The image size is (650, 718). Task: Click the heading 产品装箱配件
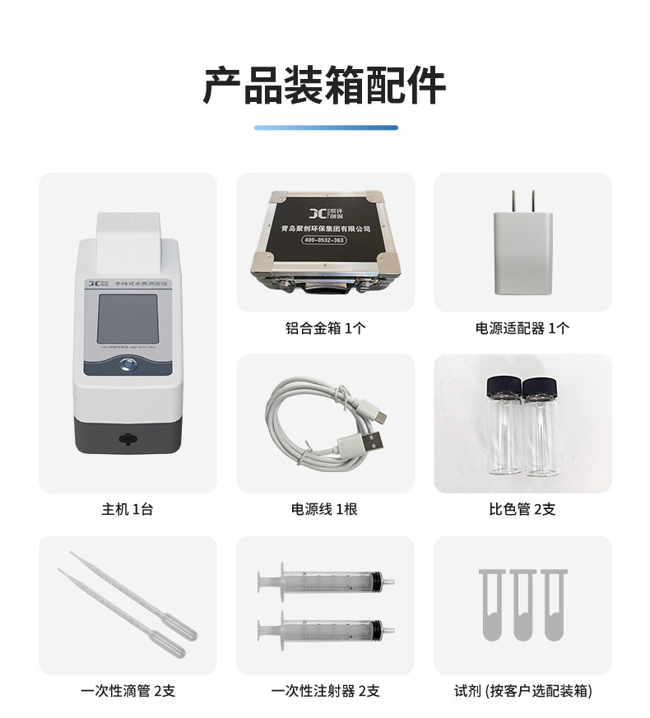324,85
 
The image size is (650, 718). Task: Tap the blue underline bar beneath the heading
325,127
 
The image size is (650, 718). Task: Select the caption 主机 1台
128,509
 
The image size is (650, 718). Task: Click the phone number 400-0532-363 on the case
324,240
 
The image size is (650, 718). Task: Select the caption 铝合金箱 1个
325,328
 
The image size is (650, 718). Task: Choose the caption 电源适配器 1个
522,328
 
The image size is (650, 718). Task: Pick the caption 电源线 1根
325,509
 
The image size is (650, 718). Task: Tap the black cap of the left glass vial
503,386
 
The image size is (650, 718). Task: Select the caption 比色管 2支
522,509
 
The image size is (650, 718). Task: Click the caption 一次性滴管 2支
128,691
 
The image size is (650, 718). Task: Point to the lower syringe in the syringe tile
325,629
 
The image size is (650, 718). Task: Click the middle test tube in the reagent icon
522,605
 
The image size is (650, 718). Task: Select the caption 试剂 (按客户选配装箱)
522,691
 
